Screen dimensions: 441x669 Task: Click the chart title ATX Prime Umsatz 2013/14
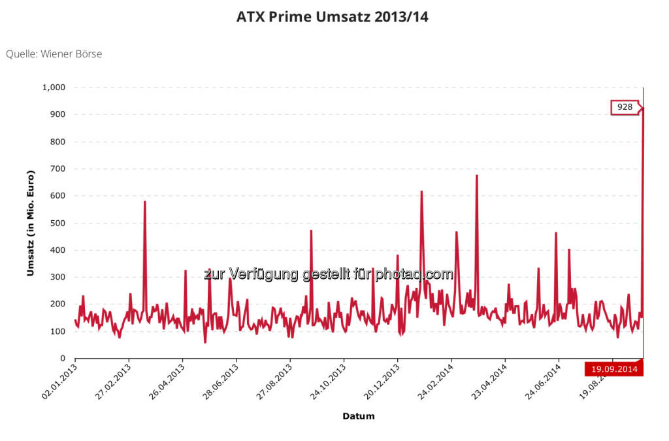coord(332,18)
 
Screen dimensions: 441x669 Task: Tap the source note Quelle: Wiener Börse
coord(54,54)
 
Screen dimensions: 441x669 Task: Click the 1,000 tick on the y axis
coord(56,88)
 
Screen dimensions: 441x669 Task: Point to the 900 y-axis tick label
coord(60,115)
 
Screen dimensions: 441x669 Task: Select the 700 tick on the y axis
coord(60,169)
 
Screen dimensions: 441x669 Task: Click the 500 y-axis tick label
coord(60,223)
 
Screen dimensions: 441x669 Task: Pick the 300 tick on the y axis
coord(60,278)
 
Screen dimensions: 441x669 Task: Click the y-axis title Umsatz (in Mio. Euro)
coord(30,223)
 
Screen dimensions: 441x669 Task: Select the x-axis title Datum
coord(358,416)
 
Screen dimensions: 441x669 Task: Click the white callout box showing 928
coord(625,107)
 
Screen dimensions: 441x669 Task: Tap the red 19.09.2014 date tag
coord(614,369)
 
